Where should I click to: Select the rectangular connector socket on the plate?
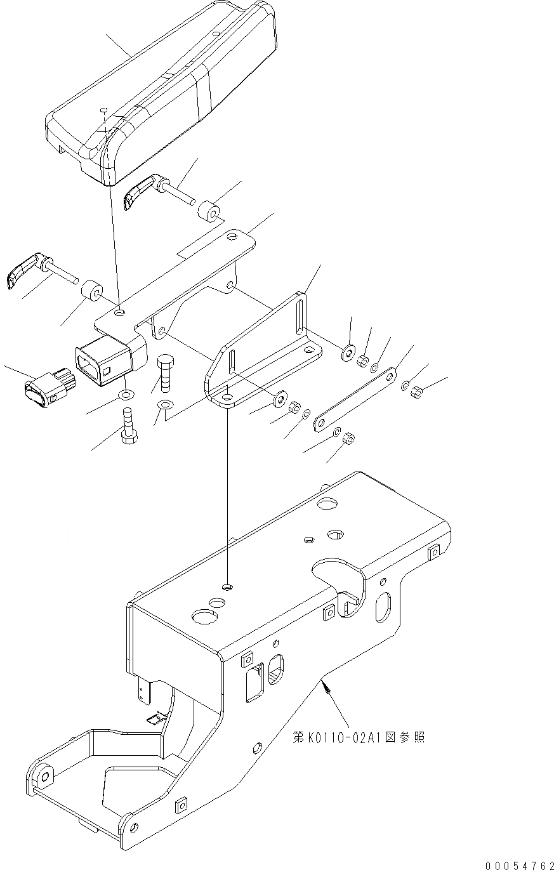click(102, 360)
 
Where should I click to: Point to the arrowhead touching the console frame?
click(324, 683)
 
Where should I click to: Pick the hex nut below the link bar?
click(348, 438)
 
